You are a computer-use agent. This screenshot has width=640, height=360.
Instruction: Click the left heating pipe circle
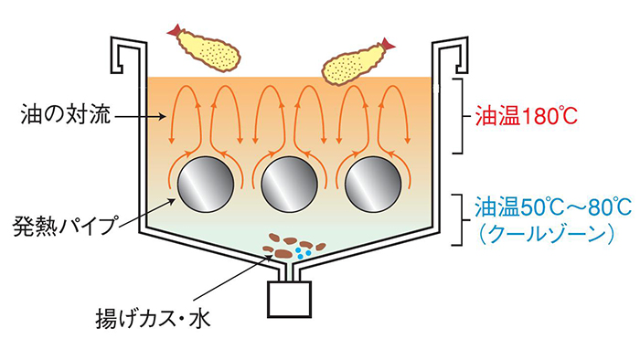click(202, 186)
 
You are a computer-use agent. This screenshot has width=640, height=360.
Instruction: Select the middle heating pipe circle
click(288, 186)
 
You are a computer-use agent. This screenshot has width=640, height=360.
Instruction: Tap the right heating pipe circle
click(374, 186)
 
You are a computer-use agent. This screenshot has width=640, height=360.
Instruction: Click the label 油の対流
click(59, 117)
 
